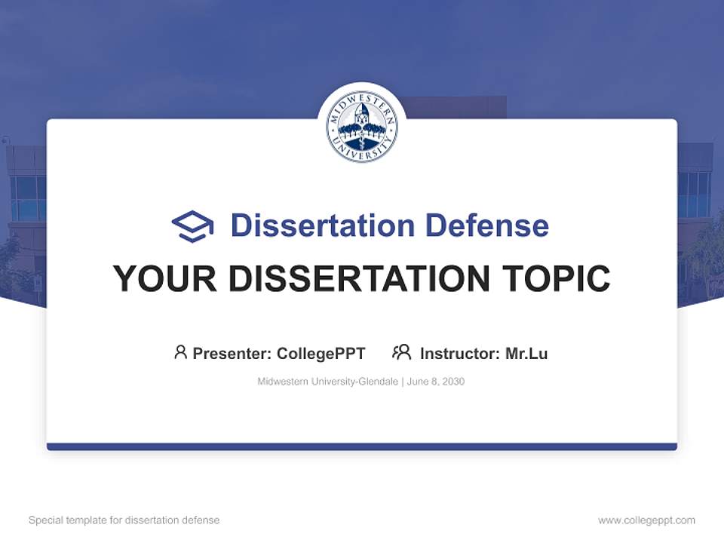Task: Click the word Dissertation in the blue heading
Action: pos(322,225)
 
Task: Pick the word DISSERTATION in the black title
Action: pos(363,279)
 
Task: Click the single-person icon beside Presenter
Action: pos(180,352)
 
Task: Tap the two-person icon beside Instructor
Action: pos(402,352)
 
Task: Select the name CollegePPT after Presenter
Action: pos(321,353)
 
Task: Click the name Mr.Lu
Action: pos(526,353)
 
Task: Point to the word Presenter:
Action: pos(232,353)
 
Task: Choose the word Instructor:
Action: pos(460,353)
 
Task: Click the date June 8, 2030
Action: pos(436,382)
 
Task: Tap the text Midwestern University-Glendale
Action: pos(328,382)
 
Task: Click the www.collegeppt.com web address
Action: pos(646,520)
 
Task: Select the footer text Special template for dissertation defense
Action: pos(124,520)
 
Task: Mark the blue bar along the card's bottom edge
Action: pos(362,446)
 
